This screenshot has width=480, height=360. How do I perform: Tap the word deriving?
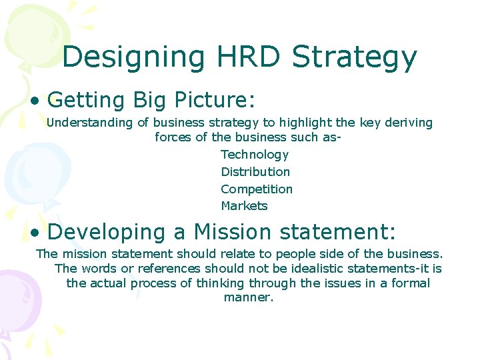point(407,123)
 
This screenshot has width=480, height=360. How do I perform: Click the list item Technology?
point(255,155)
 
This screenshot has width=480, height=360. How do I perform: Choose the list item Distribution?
point(255,172)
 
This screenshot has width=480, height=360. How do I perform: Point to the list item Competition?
point(257,189)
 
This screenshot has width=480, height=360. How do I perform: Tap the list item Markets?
point(244,206)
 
